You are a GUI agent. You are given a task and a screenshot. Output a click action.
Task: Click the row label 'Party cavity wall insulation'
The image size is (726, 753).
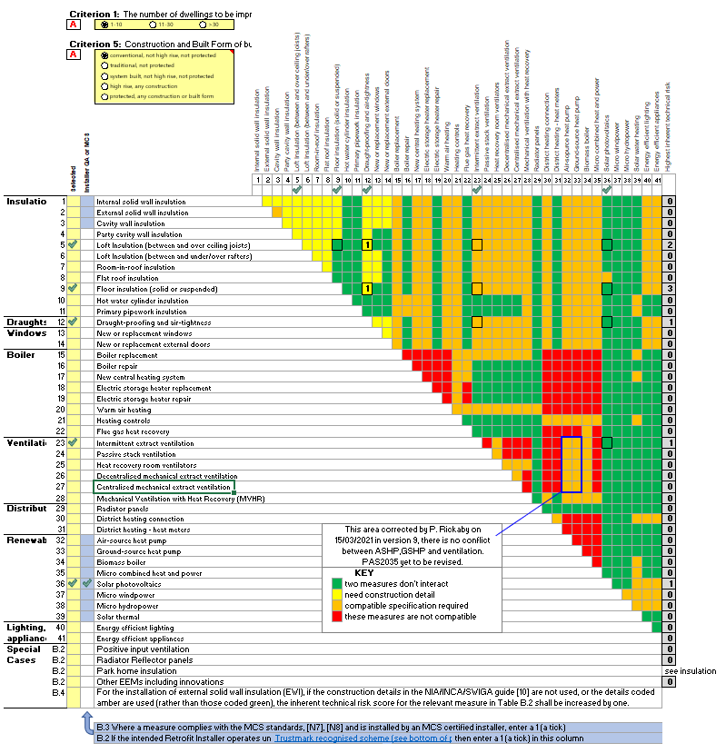click(x=139, y=234)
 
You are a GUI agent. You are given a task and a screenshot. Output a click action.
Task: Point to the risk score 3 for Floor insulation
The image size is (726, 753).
click(x=668, y=289)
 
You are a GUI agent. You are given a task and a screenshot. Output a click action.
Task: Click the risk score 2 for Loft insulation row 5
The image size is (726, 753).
click(x=668, y=245)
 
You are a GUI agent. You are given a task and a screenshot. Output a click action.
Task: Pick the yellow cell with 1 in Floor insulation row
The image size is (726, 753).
click(x=367, y=289)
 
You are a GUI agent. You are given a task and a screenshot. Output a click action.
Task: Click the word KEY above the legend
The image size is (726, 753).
click(x=363, y=573)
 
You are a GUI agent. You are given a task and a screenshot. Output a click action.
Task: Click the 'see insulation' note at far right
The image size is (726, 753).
click(x=690, y=670)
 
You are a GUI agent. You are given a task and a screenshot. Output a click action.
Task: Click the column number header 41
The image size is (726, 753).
click(x=658, y=180)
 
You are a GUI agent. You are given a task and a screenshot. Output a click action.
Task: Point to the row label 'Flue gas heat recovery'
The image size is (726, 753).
click(x=134, y=431)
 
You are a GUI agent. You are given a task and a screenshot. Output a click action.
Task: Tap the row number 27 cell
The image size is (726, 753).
click(x=62, y=487)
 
